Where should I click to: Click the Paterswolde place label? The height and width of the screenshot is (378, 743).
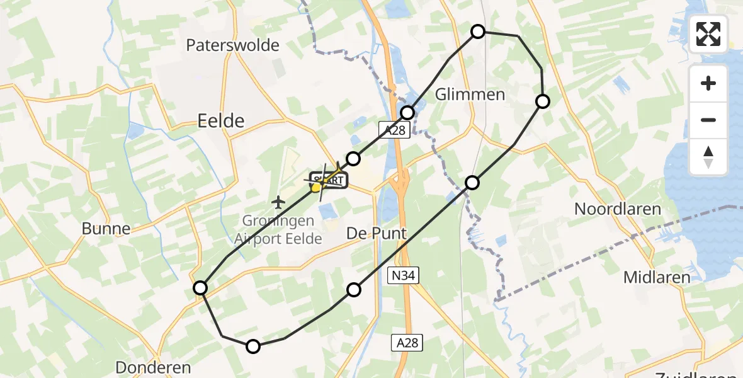[x=233, y=45]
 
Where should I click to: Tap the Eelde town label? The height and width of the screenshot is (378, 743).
[x=220, y=120]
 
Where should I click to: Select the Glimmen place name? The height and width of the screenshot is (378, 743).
[x=470, y=94]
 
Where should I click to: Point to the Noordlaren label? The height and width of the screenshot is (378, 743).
[x=617, y=210]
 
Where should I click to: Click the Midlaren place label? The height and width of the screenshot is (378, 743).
[x=656, y=277]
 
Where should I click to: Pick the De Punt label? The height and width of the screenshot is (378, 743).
[x=377, y=234]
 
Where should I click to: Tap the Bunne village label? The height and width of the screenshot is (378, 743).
[x=106, y=229]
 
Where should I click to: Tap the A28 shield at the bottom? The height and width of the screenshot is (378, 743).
[x=406, y=343]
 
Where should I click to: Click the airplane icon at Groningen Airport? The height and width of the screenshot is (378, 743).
[x=278, y=202]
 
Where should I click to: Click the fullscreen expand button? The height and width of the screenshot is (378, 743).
[x=708, y=34]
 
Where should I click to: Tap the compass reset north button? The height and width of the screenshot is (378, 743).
[x=708, y=157]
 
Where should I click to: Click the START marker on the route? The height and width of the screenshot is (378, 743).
[x=328, y=181]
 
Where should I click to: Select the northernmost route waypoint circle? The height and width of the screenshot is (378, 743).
[x=478, y=31]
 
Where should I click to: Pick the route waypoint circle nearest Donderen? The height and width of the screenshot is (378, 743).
[x=252, y=346]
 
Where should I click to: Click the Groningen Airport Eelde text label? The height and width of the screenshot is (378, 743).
[x=278, y=231]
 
